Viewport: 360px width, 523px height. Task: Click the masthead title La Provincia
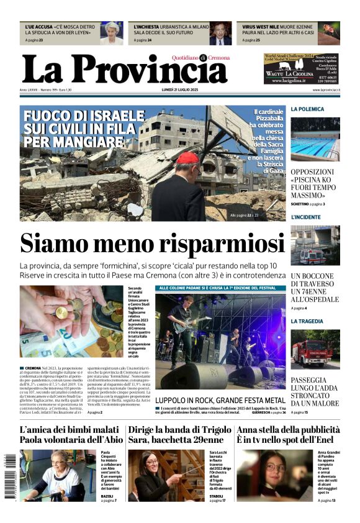pyautogui.click(x=124, y=70)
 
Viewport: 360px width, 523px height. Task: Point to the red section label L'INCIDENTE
pyautogui.click(x=306, y=217)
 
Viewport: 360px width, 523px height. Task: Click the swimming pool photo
pyautogui.click(x=315, y=138)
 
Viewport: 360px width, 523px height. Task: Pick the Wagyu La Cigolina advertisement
pyautogui.click(x=301, y=68)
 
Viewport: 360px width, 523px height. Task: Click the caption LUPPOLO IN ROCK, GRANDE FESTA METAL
pyautogui.click(x=220, y=401)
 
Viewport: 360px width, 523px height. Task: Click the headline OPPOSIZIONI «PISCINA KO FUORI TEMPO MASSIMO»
pyautogui.click(x=315, y=183)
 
